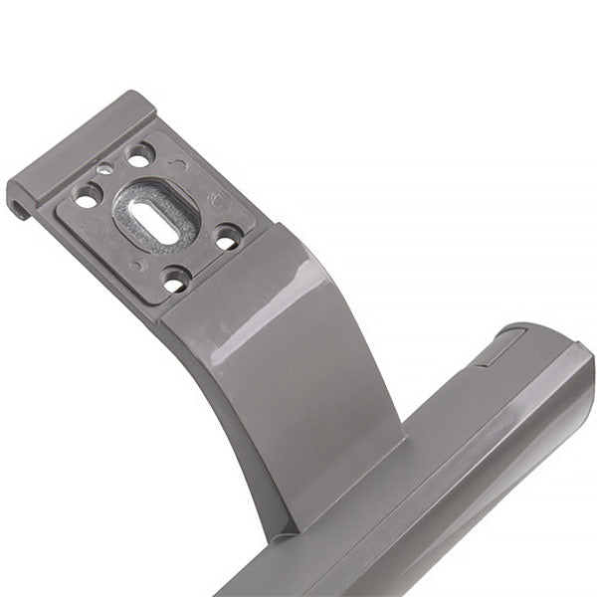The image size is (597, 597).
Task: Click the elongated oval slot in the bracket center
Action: [x=156, y=220]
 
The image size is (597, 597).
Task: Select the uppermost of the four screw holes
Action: [x=139, y=155]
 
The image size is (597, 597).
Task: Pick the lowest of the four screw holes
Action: [x=176, y=284]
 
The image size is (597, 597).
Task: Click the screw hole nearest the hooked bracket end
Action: [x=87, y=200]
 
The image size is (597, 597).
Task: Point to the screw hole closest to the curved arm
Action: [x=228, y=239]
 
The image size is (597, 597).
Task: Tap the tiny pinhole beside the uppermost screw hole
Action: [x=104, y=170]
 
